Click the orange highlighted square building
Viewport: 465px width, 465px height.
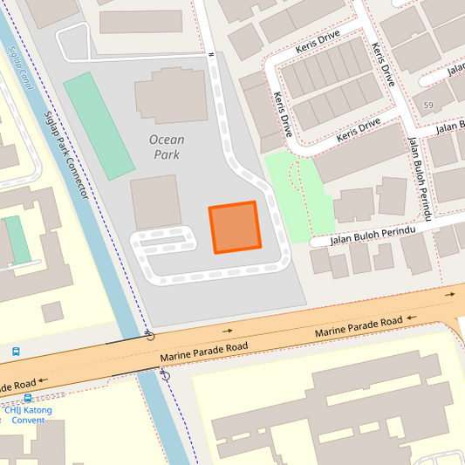235,228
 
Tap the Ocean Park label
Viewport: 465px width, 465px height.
166,147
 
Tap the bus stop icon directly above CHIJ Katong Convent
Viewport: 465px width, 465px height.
28,398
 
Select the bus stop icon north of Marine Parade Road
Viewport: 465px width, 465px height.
16,352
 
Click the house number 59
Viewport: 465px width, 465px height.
427,106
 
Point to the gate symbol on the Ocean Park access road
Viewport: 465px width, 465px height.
211,54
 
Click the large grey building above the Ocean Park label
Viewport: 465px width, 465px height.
171,97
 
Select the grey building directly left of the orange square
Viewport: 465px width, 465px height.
155,202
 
